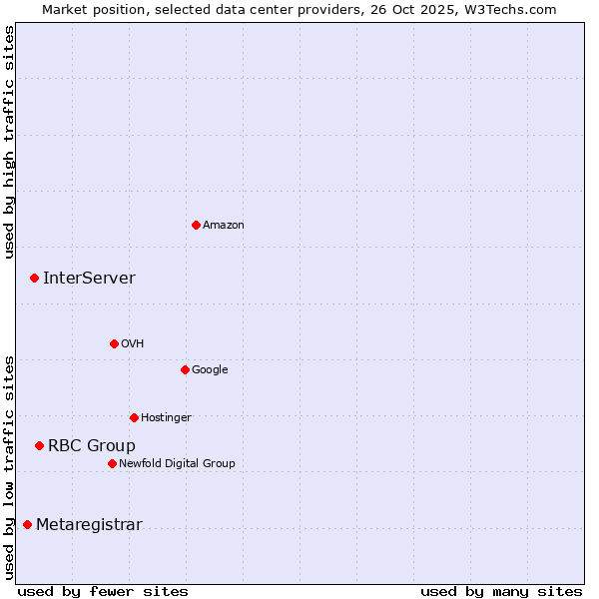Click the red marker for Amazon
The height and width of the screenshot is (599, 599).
click(196, 225)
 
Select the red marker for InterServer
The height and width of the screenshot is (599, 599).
click(34, 278)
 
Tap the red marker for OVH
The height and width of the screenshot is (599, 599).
click(114, 343)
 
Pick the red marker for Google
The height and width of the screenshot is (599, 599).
click(185, 369)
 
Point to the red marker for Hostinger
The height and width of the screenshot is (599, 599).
click(134, 417)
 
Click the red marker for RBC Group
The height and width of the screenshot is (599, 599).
click(39, 445)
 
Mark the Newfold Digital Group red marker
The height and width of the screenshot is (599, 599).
click(112, 463)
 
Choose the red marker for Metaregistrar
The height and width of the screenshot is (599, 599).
click(27, 525)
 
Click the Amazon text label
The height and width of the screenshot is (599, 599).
click(224, 226)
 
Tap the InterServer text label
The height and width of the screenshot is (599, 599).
click(89, 279)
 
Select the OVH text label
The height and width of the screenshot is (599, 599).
click(133, 344)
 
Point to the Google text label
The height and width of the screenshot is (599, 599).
click(210, 370)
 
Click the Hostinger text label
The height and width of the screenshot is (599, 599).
click(166, 418)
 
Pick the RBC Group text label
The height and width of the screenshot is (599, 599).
click(92, 446)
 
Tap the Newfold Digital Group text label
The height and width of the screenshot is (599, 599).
click(177, 464)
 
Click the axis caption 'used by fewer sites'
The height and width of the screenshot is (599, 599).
click(103, 592)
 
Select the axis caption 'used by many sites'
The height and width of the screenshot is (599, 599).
click(501, 592)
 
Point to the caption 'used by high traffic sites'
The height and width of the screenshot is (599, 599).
click(9, 142)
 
